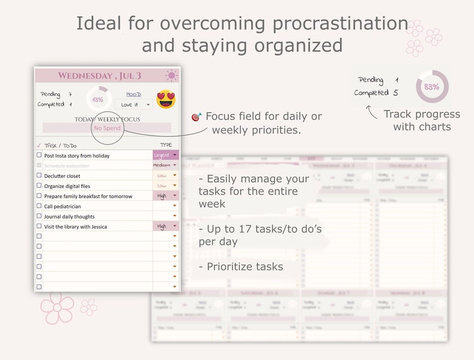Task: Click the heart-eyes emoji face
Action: (166, 99)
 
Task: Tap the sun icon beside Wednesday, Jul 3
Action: (171, 76)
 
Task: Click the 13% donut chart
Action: (97, 99)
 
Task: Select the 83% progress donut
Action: (432, 87)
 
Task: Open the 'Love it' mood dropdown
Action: (137, 104)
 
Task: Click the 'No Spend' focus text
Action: (107, 128)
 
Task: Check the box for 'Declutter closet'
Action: (39, 176)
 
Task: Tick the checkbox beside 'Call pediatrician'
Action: (39, 206)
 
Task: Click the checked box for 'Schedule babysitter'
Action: (39, 165)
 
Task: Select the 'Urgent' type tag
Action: (162, 155)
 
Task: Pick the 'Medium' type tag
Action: (162, 165)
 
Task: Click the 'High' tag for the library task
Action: (162, 226)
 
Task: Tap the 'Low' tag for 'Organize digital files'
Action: (162, 186)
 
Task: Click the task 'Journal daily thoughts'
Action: (69, 217)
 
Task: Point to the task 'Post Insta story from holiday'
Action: (77, 156)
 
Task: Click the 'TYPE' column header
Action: (166, 145)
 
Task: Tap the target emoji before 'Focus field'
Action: (196, 117)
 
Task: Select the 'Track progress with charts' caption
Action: (421, 120)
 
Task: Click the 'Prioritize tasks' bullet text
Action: (245, 267)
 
